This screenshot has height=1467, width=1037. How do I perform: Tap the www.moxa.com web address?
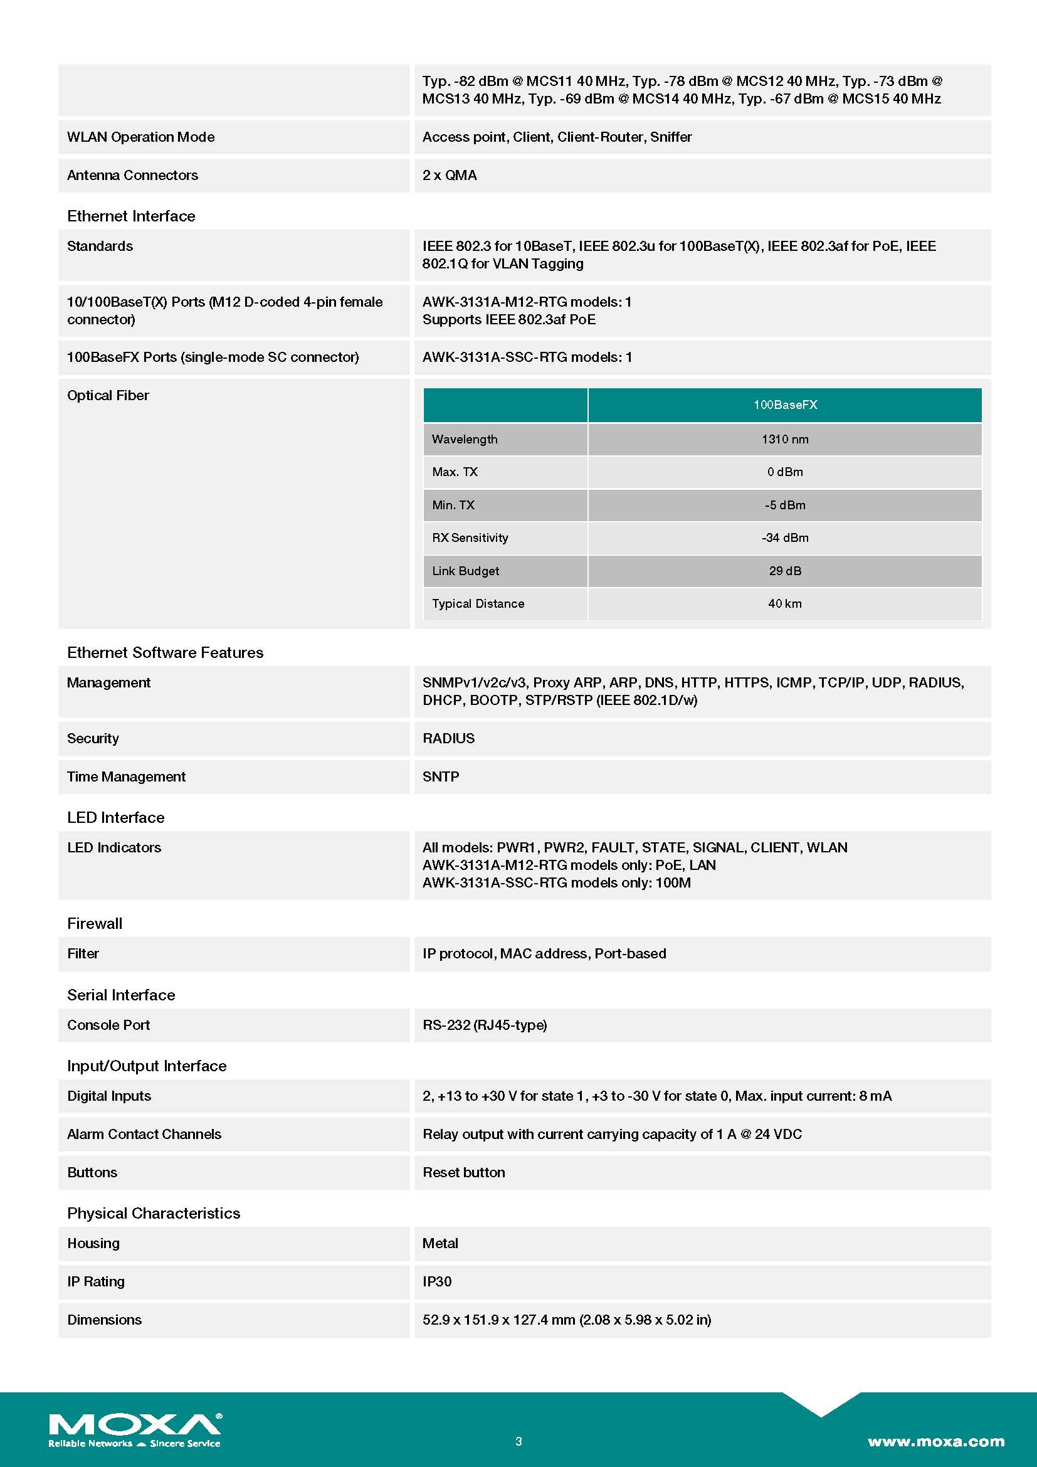pos(935,1441)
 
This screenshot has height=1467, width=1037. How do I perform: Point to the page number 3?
pos(518,1441)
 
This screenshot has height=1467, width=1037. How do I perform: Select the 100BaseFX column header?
pos(785,405)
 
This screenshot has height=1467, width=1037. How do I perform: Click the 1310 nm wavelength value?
pos(785,439)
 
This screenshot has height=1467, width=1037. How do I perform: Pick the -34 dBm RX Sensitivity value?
pos(785,538)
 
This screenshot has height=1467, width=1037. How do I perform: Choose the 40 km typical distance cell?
pos(785,603)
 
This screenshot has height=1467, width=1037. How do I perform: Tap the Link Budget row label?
pos(465,571)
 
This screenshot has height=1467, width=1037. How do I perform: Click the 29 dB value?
pos(785,571)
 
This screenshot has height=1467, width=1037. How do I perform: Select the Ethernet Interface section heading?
pos(131,216)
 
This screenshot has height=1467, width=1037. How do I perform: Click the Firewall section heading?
pos(95,923)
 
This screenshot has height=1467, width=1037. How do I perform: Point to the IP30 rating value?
pos(437,1281)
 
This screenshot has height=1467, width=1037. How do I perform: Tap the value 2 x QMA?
pos(450,175)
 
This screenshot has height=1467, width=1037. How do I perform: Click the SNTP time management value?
pos(441,776)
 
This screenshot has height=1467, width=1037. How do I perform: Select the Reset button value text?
pos(463,1172)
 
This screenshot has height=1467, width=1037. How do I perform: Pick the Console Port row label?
pos(108,1025)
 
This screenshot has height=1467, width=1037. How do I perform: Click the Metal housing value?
pos(440,1242)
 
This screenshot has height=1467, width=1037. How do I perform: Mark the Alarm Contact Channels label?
pos(144,1134)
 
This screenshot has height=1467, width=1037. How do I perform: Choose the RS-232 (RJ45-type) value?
pos(485,1025)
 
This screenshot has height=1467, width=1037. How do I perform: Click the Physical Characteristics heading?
pos(153,1213)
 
